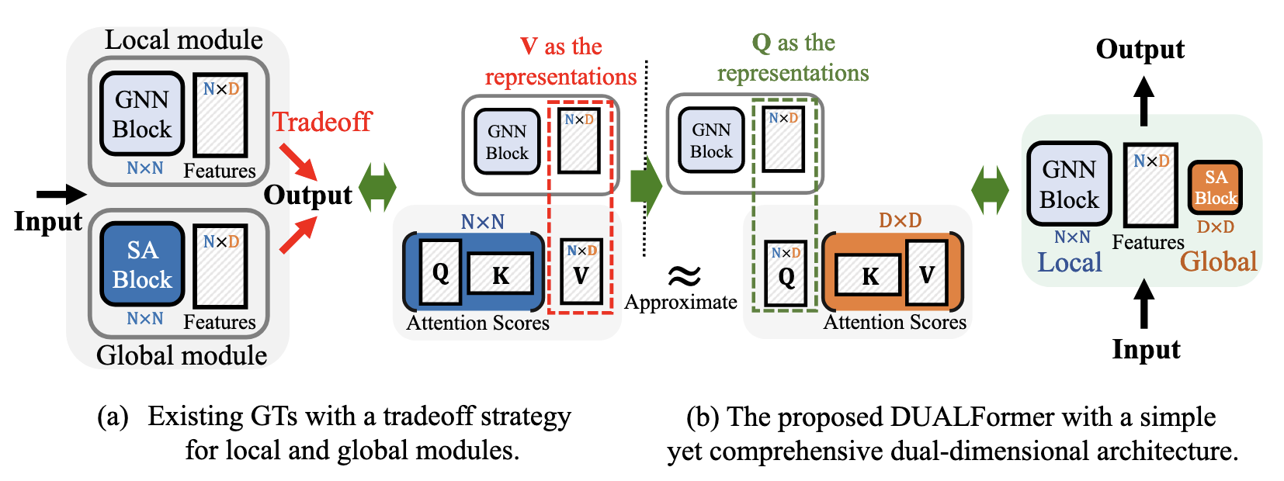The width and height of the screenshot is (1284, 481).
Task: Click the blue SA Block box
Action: point(142,264)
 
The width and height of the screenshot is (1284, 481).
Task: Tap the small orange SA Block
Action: point(1215,188)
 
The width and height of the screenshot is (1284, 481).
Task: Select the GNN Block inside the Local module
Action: point(142,113)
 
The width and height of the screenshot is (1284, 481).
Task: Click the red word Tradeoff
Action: point(321,122)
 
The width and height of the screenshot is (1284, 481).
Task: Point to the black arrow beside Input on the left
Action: point(62,194)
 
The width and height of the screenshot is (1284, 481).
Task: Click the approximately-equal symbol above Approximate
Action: point(684,275)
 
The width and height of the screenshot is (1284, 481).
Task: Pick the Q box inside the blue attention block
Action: point(440,272)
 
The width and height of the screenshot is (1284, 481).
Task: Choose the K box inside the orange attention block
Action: point(869,275)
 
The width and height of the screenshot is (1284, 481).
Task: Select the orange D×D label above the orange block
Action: point(900,221)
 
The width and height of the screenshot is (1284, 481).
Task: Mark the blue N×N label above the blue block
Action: point(482,222)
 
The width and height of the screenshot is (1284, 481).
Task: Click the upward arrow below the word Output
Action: point(1143,101)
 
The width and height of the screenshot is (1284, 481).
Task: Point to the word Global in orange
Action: point(1218,261)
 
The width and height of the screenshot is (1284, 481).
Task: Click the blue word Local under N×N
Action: point(1070,262)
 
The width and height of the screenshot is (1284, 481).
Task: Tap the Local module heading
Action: point(184,40)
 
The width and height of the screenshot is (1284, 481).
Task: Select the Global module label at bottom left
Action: point(182,355)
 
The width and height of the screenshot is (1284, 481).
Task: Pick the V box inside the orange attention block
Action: point(926,273)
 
